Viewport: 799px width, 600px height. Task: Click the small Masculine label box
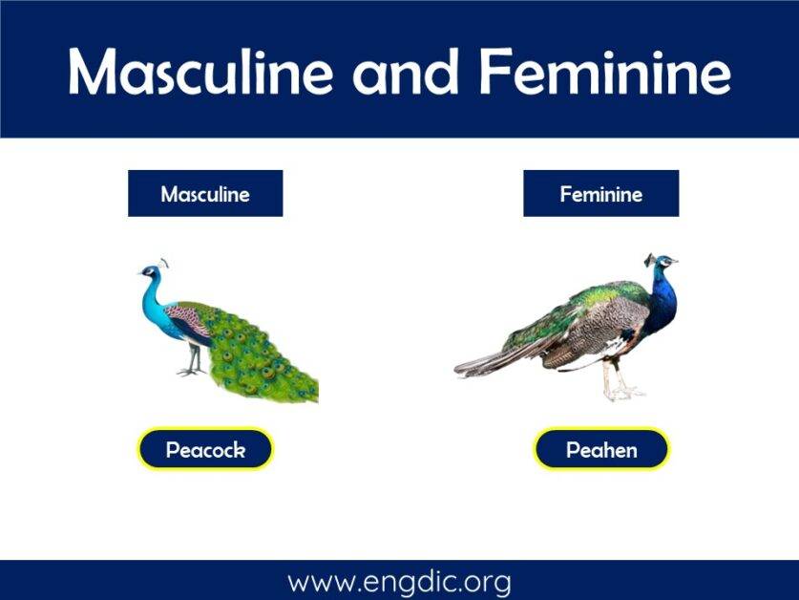pyautogui.click(x=205, y=194)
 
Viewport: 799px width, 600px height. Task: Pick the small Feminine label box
pyautogui.click(x=600, y=194)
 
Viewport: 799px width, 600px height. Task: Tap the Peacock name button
pyautogui.click(x=205, y=449)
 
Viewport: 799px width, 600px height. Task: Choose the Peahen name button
pyautogui.click(x=600, y=449)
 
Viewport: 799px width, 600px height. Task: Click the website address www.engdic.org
pyautogui.click(x=399, y=581)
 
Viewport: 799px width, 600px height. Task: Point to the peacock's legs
pyautogui.click(x=194, y=360)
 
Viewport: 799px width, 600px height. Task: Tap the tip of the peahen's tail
pyautogui.click(x=459, y=370)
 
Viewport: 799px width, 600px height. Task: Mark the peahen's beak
pyautogui.click(x=675, y=261)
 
